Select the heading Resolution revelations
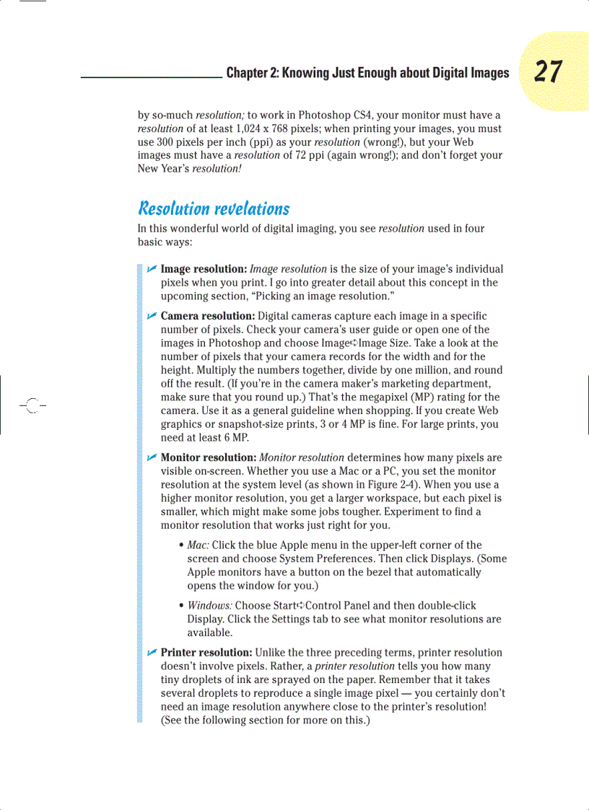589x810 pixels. coord(213,208)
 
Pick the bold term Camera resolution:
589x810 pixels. coord(207,316)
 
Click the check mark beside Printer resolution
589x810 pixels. coord(152,652)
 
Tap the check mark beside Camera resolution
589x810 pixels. coord(152,316)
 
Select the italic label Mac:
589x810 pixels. coord(198,545)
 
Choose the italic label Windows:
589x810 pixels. coord(210,605)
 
